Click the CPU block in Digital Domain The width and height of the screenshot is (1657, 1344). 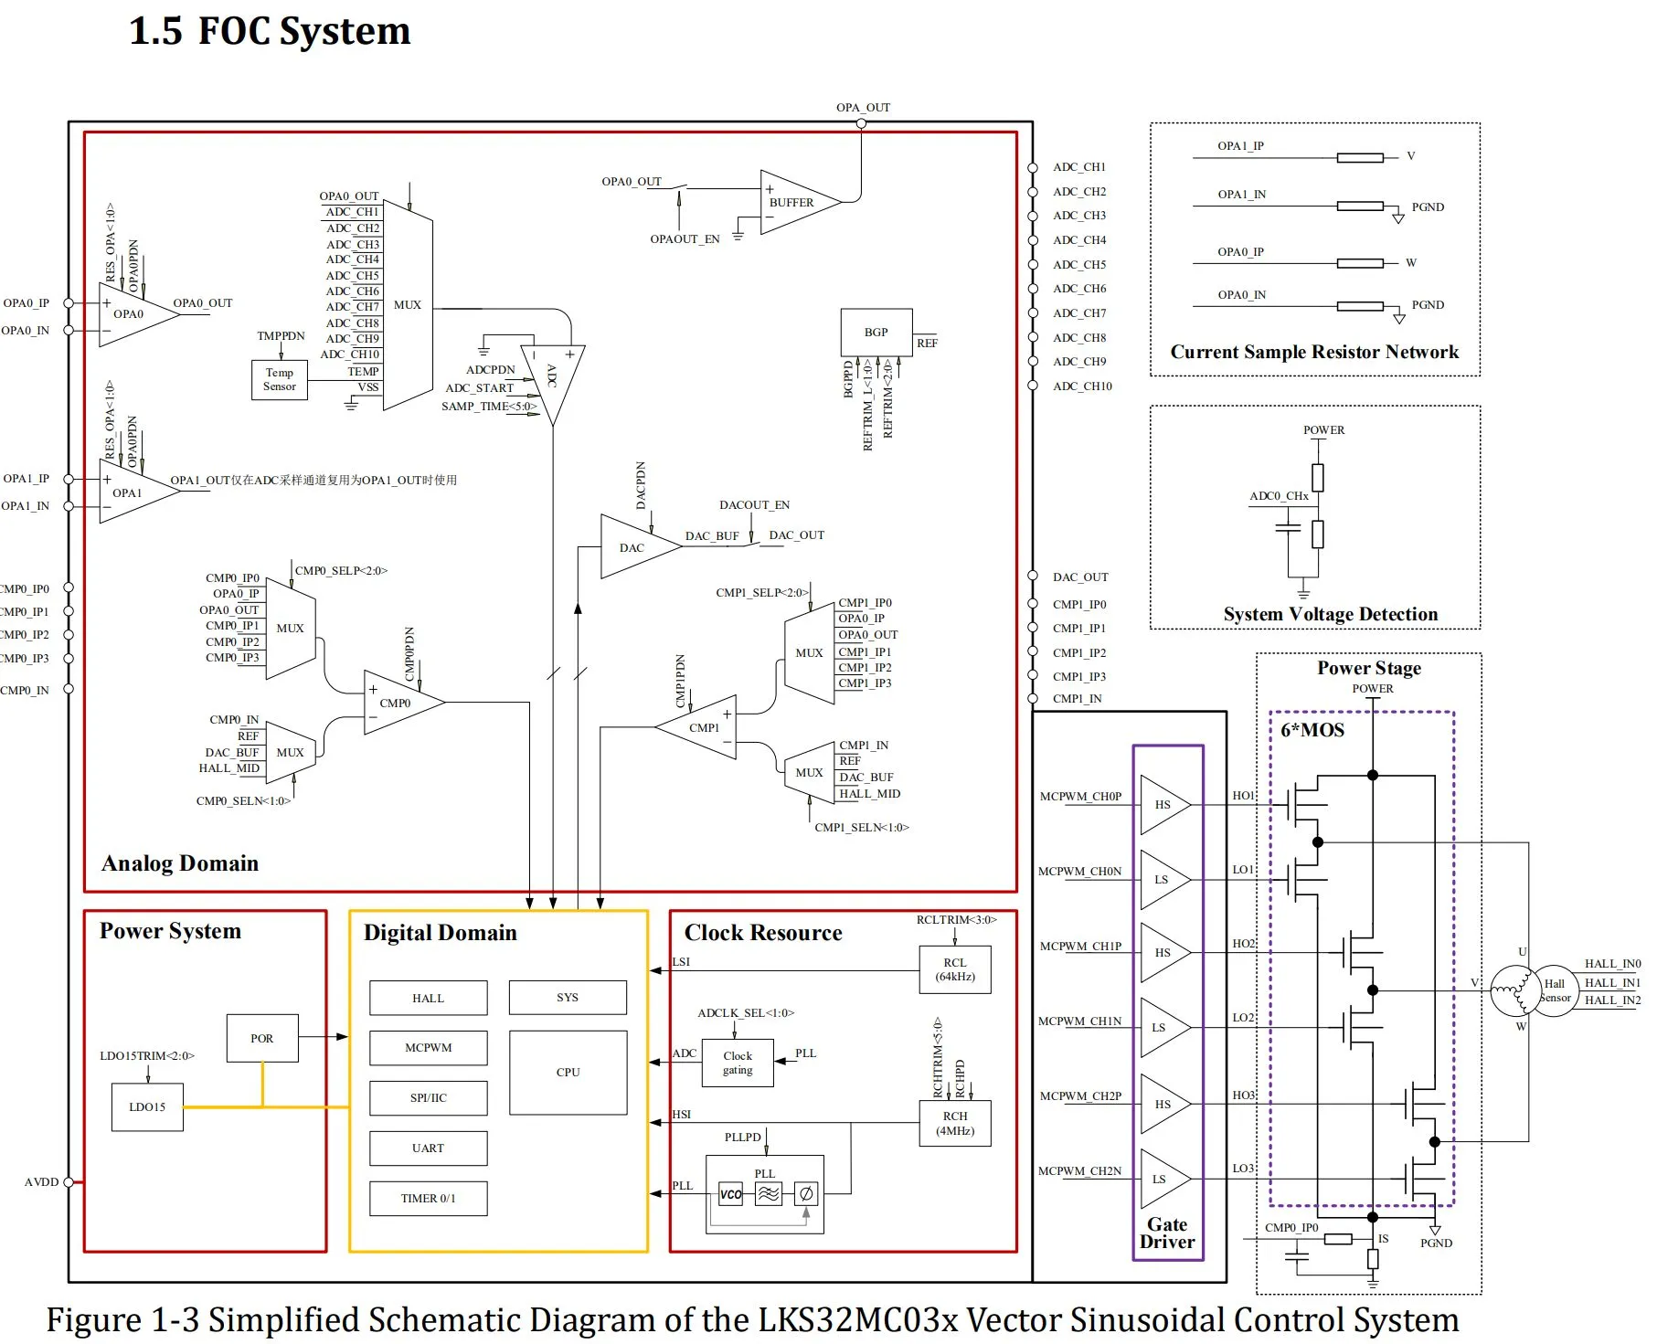pos(568,1072)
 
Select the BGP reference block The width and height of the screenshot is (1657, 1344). pos(876,333)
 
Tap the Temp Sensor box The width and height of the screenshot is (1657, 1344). pos(280,379)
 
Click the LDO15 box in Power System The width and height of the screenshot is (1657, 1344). pos(147,1106)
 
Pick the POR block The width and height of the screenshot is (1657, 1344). pos(261,1038)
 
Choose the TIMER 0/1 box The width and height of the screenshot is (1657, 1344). pos(428,1198)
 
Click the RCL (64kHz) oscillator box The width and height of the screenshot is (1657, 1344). pos(954,969)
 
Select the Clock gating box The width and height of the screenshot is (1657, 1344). pos(737,1063)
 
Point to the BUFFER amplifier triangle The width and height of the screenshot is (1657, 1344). pos(793,202)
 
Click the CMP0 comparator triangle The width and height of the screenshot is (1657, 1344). pos(398,703)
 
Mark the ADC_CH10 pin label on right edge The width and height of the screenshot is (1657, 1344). pos(1082,386)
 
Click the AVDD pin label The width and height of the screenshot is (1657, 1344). pos(41,1182)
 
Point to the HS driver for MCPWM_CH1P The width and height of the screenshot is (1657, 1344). pos(1163,953)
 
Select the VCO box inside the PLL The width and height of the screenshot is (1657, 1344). pos(730,1194)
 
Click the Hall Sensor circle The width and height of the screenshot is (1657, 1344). pos(1554,990)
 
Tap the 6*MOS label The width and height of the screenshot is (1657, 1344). pos(1312,730)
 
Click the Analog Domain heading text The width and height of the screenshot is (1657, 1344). pos(180,863)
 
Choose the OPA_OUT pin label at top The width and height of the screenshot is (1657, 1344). pos(863,107)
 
